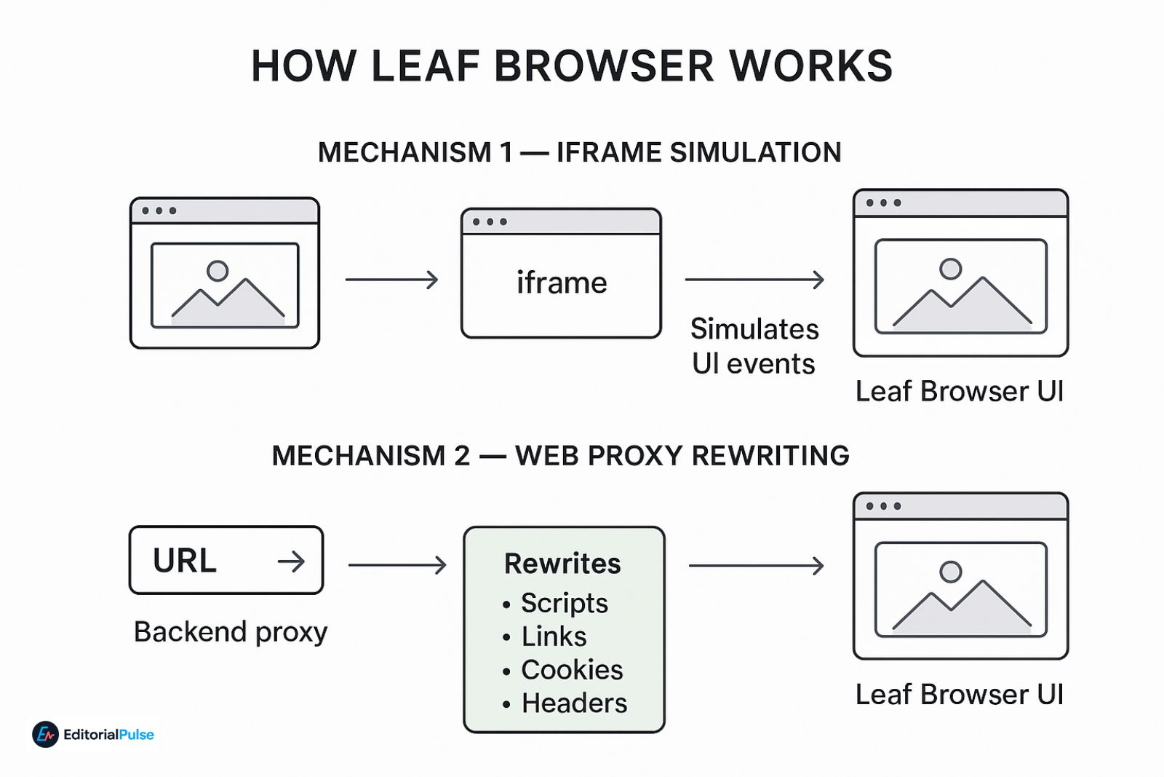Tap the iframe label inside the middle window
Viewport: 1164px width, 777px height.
pos(562,283)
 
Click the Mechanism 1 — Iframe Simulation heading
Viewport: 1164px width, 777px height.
pos(579,153)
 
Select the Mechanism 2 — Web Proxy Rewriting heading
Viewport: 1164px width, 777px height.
pos(560,456)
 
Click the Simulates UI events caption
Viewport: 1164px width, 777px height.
pos(754,346)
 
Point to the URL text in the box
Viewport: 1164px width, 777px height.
pos(185,561)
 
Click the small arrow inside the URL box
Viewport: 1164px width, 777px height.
pos(291,561)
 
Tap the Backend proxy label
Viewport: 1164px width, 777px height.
pos(231,631)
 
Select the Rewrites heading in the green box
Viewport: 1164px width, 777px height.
pos(562,564)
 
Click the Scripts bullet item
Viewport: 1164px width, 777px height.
pos(564,603)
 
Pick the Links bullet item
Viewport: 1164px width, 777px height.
pos(553,636)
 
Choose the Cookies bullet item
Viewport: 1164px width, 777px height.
pos(571,670)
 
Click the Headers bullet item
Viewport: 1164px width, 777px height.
pos(573,703)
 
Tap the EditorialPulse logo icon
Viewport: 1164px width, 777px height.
pos(45,735)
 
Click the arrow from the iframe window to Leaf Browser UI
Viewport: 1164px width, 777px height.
pos(754,280)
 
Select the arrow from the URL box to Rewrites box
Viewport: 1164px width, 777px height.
pos(397,565)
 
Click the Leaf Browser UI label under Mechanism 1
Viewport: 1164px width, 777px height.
pos(959,392)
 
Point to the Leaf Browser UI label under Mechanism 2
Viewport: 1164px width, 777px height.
pos(959,695)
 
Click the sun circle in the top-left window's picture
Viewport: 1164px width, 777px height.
pos(218,271)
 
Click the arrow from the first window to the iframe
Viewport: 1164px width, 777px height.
pos(391,280)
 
